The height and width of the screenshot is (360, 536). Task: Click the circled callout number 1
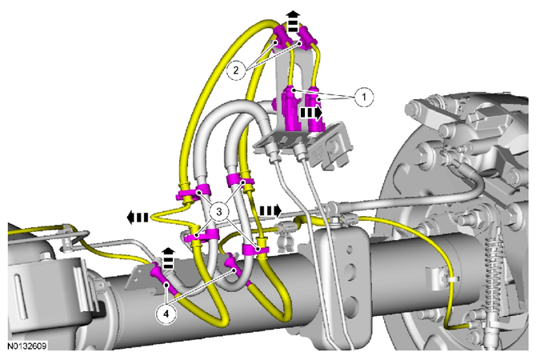(364, 97)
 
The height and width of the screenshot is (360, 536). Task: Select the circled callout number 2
(236, 70)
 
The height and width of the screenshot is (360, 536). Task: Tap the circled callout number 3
(218, 212)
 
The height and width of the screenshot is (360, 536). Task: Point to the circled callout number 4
(166, 314)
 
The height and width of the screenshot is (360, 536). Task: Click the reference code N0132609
(27, 346)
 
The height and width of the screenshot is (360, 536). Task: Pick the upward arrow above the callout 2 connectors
(293, 21)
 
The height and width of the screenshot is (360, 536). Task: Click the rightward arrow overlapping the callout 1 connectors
(311, 113)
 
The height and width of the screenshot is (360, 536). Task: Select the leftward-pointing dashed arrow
(138, 217)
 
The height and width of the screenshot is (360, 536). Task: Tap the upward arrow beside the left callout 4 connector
(168, 258)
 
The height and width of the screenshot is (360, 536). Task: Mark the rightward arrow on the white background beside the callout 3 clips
(270, 211)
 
